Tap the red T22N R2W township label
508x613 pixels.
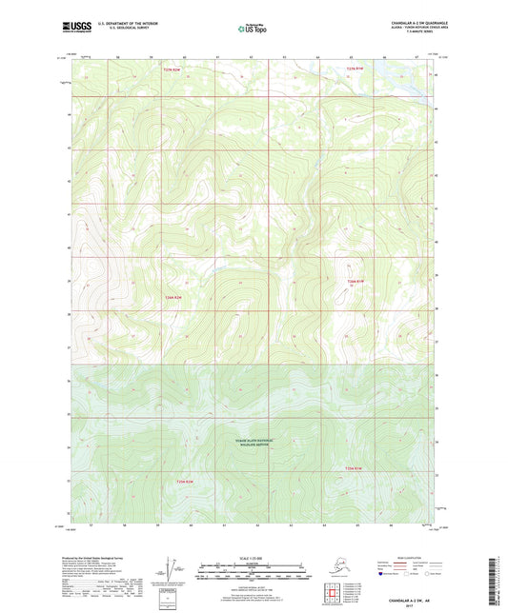[x=171, y=69]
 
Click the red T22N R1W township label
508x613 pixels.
[x=354, y=69]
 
